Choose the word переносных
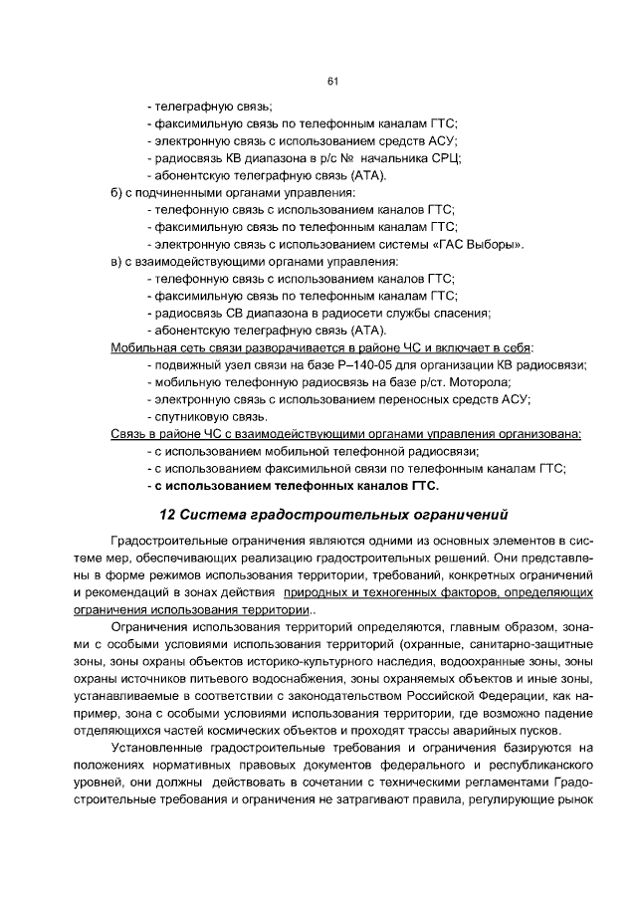406,399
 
